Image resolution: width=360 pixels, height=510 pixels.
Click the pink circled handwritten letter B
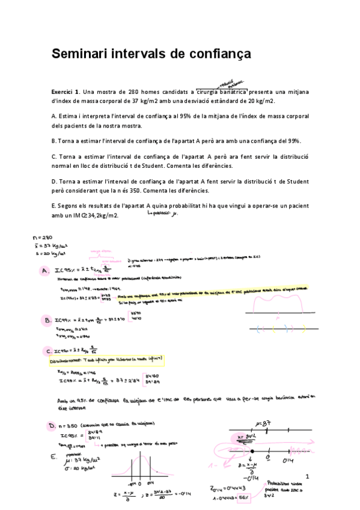[46, 319]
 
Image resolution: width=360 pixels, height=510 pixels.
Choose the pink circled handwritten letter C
[47, 351]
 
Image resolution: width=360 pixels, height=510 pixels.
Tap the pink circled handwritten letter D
[52, 426]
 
